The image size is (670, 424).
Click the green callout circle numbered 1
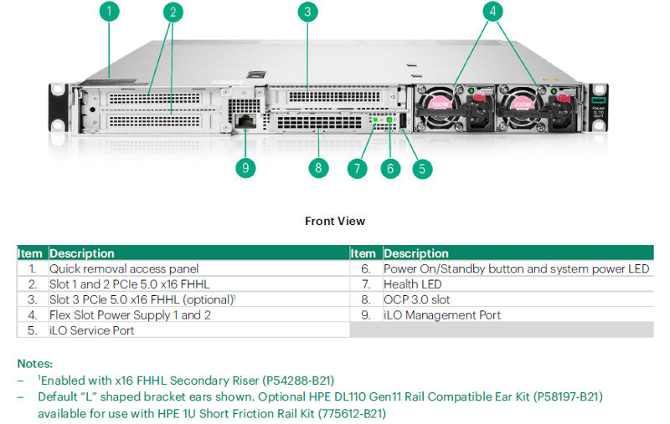tap(110, 12)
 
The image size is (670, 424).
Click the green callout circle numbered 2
tap(173, 12)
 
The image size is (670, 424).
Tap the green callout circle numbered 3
tap(307, 12)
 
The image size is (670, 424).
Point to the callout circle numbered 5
tap(422, 168)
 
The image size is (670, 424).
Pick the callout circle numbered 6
tap(390, 168)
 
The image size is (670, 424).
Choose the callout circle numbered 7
tap(358, 168)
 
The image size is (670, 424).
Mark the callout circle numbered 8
tap(317, 168)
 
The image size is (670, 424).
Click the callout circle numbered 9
tap(245, 168)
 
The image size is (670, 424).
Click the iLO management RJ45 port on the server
tap(245, 122)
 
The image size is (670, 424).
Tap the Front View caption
tap(335, 221)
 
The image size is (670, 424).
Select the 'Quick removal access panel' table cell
tap(123, 268)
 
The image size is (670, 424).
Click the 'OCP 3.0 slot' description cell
tap(416, 299)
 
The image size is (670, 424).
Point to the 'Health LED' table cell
tap(414, 284)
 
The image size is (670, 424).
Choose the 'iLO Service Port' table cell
tap(92, 330)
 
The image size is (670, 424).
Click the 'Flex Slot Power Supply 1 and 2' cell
tap(130, 315)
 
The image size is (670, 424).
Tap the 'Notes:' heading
tap(34, 364)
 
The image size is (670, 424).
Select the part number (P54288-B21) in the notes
tap(294, 380)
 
